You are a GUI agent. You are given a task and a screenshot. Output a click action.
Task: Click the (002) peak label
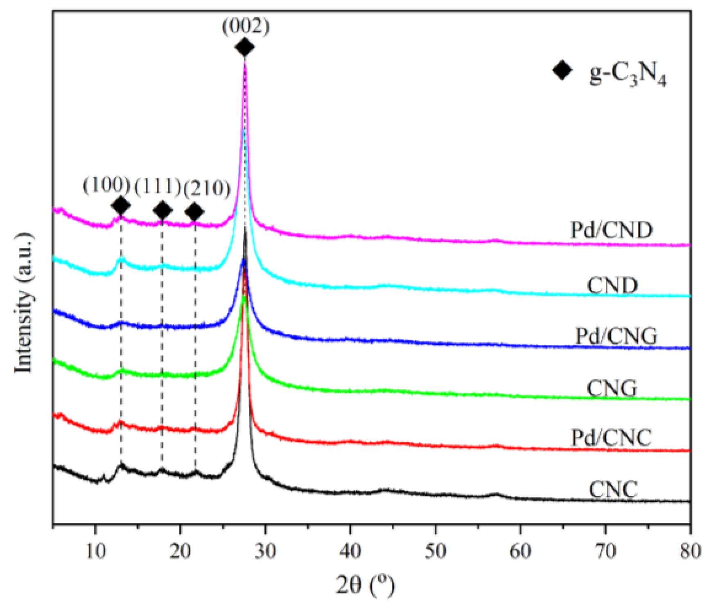[246, 27]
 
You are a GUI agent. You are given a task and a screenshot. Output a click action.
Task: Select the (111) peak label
[158, 187]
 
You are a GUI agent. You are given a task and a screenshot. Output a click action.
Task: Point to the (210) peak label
[207, 189]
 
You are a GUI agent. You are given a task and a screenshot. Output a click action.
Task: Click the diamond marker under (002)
[245, 47]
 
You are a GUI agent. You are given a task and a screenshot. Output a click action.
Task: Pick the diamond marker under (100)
[121, 205]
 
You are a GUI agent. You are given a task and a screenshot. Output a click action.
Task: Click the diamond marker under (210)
[194, 211]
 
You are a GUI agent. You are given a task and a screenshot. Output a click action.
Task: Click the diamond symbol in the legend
[562, 70]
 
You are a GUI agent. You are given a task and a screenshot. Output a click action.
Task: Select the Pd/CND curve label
[612, 230]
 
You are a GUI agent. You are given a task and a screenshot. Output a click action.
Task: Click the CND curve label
[612, 285]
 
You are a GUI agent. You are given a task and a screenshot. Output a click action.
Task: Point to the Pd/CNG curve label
[616, 336]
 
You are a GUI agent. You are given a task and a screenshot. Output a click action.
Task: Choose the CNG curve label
[612, 388]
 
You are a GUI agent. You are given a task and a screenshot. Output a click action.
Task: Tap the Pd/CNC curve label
[611, 438]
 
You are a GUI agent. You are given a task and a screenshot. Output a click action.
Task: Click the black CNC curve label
[613, 489]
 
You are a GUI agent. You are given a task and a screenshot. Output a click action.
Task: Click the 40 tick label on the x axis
[350, 551]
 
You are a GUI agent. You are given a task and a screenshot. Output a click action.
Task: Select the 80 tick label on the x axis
[690, 551]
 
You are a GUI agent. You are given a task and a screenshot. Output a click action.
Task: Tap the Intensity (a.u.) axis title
[24, 303]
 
